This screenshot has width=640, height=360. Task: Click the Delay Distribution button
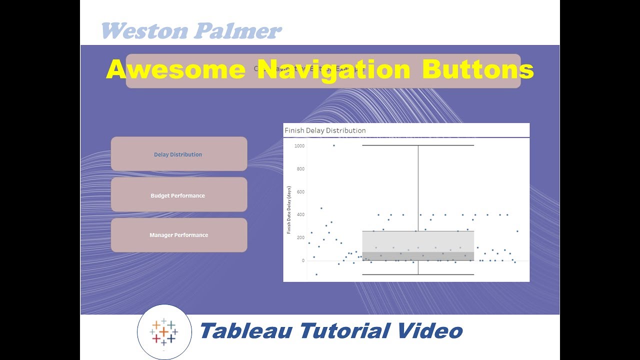point(178,154)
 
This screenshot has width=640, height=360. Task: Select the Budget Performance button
point(178,195)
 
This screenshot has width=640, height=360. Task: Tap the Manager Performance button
point(178,235)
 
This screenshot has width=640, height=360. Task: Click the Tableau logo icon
point(164,331)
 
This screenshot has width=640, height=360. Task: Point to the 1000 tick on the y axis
point(299,146)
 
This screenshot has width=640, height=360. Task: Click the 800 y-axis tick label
point(300,169)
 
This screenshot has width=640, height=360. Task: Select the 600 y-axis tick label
point(300,192)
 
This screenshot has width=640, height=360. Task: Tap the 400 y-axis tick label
point(300,215)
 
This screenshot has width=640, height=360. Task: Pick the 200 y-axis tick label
point(300,237)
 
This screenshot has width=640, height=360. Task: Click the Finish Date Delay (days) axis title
point(289,210)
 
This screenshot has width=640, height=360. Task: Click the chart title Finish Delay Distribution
point(325,130)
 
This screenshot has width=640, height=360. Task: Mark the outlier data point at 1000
point(334,145)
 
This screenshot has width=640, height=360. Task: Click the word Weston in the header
point(144,31)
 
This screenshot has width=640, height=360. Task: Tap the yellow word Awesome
point(175,69)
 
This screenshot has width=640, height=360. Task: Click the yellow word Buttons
point(477,69)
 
